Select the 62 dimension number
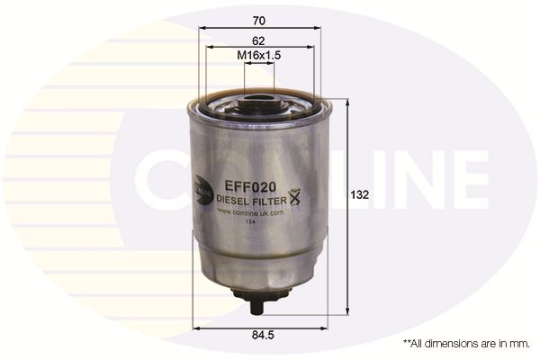(258, 40)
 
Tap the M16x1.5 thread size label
(259, 56)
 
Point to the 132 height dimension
(359, 193)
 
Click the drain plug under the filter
(258, 301)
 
